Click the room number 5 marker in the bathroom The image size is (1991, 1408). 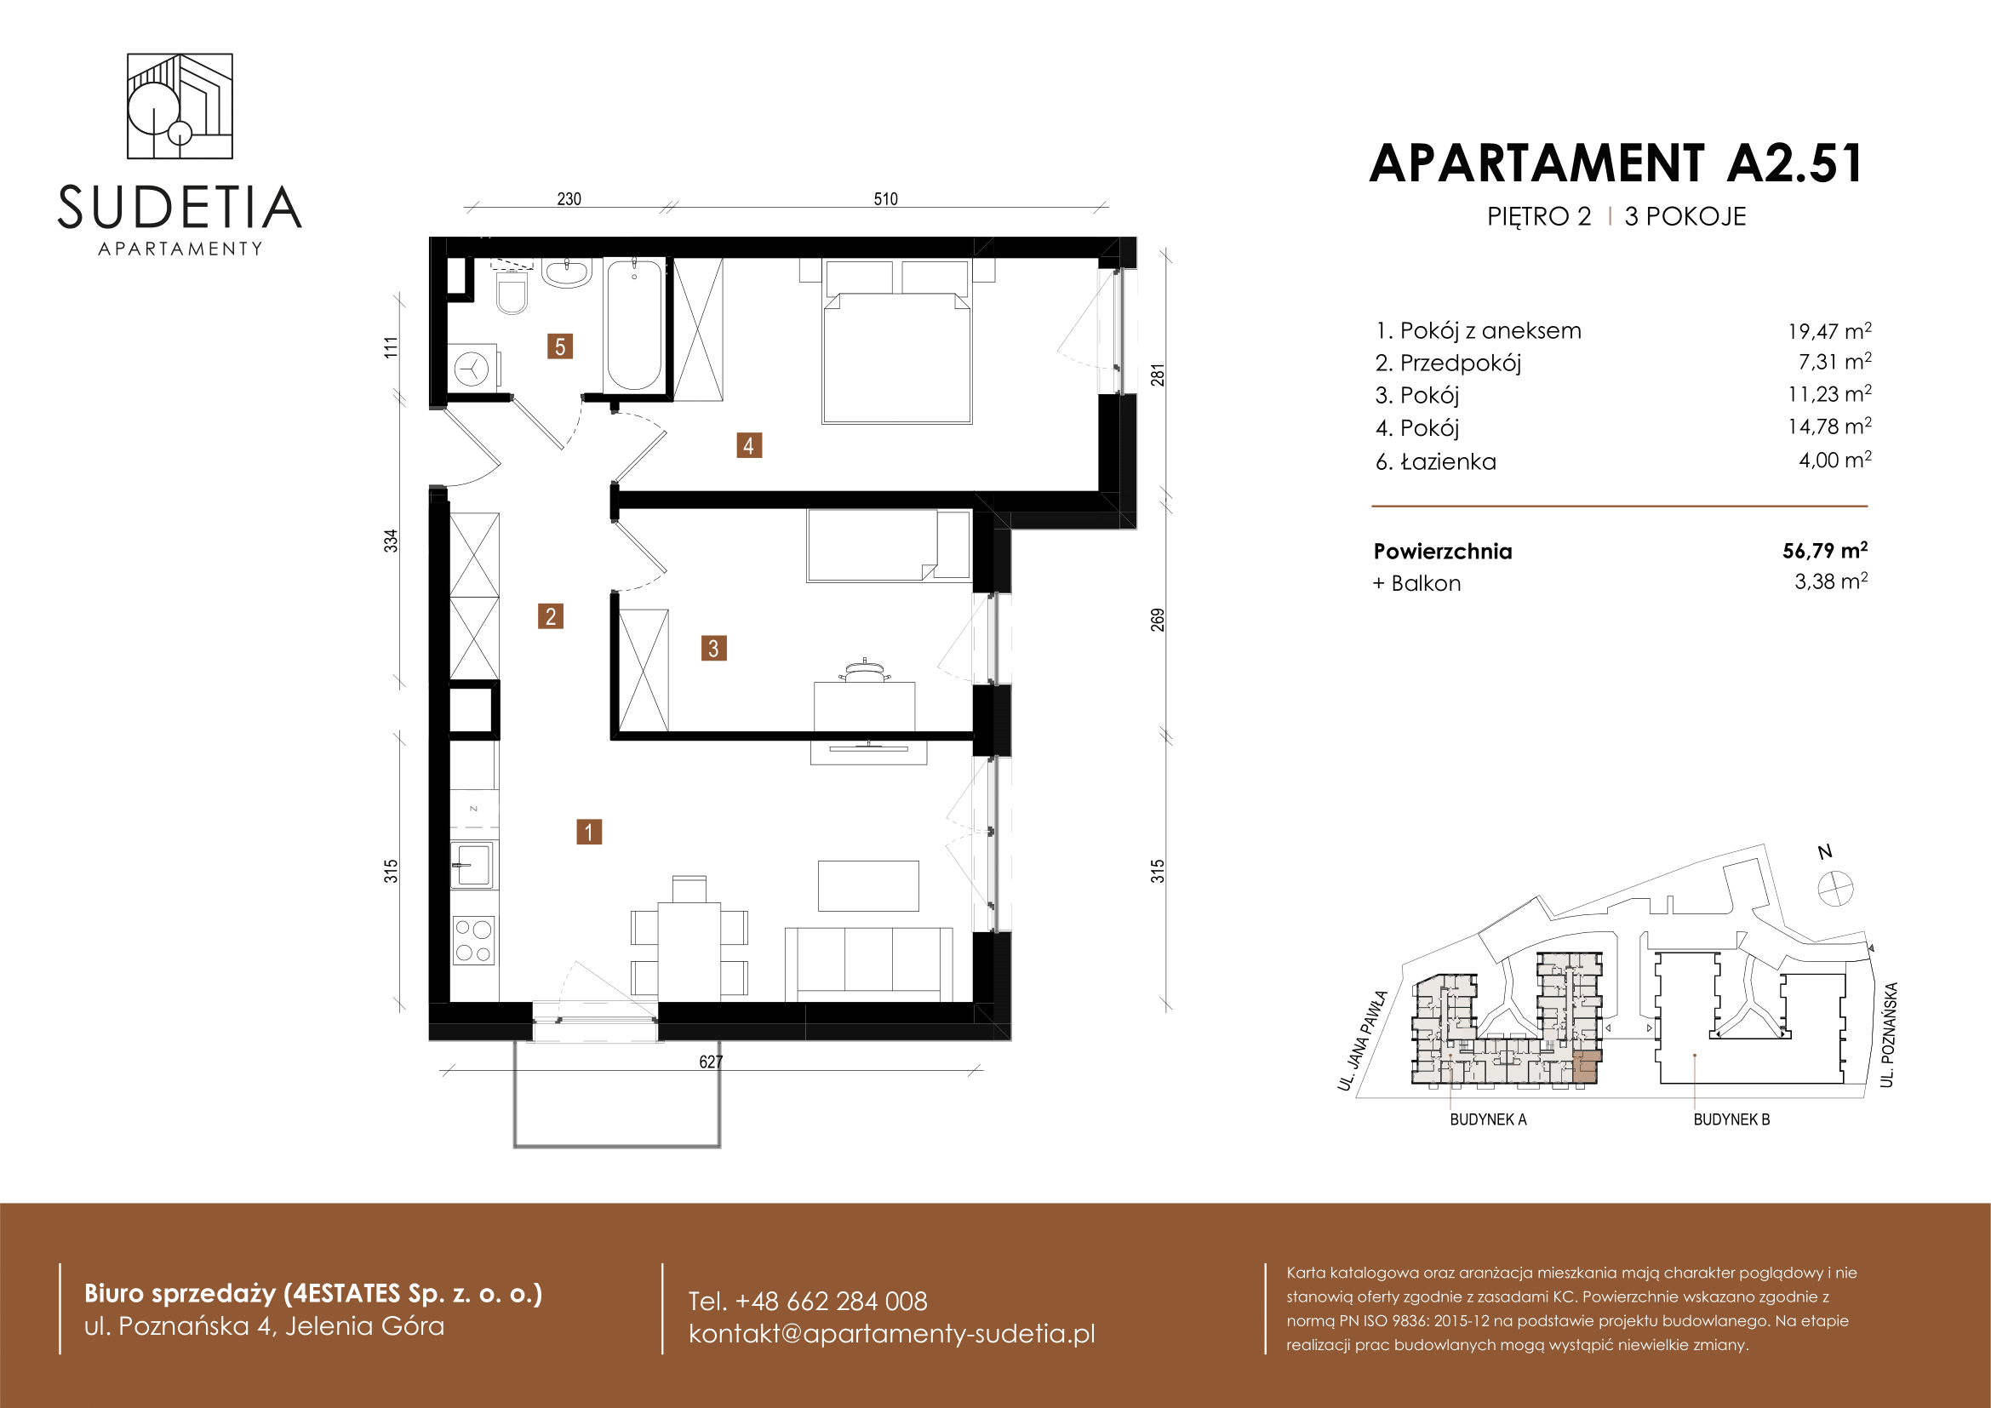pyautogui.click(x=559, y=346)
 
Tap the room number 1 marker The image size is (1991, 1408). pyautogui.click(x=589, y=833)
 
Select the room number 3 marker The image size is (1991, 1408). pyautogui.click(x=713, y=648)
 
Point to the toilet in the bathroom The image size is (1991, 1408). pyautogui.click(x=512, y=291)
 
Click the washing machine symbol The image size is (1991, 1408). pyautogui.click(x=473, y=369)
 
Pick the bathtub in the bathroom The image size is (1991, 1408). pyautogui.click(x=633, y=324)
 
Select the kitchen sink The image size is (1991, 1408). pyautogui.click(x=472, y=864)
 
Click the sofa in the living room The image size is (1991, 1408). pyautogui.click(x=868, y=964)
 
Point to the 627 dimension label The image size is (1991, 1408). pyautogui.click(x=711, y=1062)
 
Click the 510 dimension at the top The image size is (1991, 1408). pyautogui.click(x=885, y=199)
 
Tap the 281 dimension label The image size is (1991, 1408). pyautogui.click(x=1158, y=375)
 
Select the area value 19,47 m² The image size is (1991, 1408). pyautogui.click(x=1828, y=330)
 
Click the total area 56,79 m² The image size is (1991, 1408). pyautogui.click(x=1824, y=551)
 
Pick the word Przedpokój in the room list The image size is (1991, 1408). pyautogui.click(x=1461, y=363)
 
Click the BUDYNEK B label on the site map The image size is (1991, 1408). pyautogui.click(x=1731, y=1119)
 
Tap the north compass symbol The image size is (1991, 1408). pyautogui.click(x=1835, y=889)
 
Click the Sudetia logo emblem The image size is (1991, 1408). pyautogui.click(x=180, y=106)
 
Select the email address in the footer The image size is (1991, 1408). pyautogui.click(x=891, y=1333)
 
